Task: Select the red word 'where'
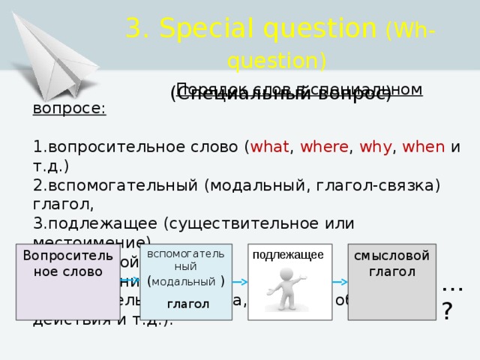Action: click(321, 148)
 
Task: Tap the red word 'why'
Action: click(373, 148)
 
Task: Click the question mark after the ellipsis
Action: click(447, 311)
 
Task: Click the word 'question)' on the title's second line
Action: click(277, 60)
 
